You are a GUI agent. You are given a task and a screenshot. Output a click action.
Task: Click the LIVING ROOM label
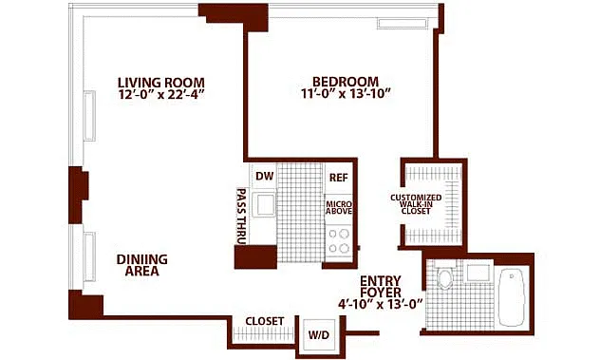coord(161,83)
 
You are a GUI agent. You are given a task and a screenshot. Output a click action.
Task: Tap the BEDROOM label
coord(346,82)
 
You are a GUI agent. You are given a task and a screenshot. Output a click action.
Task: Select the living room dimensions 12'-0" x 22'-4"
coord(161,95)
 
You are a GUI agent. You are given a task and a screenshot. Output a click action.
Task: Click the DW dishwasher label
coord(265,176)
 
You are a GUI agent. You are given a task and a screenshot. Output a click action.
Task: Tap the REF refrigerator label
coord(339,178)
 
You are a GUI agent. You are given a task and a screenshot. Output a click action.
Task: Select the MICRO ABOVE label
coord(339,208)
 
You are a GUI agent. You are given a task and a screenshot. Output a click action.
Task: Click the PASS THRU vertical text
coord(241,216)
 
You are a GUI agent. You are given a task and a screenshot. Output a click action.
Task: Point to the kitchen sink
coord(265,205)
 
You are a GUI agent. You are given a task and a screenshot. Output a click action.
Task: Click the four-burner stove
coord(339,241)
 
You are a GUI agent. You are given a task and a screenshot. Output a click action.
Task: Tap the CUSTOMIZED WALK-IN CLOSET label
coord(416,204)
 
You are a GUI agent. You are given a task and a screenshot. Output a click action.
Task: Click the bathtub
coord(511,297)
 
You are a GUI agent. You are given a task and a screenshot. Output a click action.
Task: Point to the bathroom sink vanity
coord(478,272)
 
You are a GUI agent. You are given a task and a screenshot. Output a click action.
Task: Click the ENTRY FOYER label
coord(381,287)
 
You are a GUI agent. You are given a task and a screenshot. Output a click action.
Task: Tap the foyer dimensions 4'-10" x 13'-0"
coord(381,304)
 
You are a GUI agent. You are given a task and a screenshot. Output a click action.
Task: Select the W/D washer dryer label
coord(319,335)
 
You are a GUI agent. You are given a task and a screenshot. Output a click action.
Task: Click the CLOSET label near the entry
coord(265,321)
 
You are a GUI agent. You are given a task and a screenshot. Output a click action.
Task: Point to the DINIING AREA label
coord(142,265)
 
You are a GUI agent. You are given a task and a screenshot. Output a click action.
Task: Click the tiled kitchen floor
coord(300,213)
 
